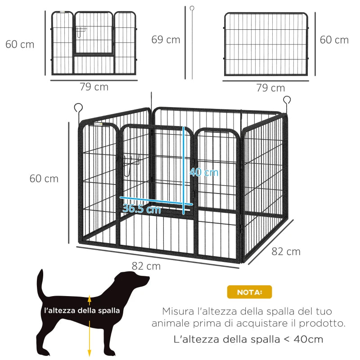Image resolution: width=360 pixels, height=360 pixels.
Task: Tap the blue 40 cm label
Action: [x=203, y=172]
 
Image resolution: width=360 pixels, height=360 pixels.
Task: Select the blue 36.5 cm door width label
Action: [x=141, y=209]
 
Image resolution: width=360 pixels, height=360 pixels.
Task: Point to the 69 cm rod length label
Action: [x=166, y=40]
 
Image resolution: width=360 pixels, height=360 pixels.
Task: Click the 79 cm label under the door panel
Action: [x=94, y=87]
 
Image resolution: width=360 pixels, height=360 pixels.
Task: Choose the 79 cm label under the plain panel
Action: [x=270, y=88]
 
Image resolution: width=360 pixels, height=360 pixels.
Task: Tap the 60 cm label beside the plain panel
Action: [x=334, y=40]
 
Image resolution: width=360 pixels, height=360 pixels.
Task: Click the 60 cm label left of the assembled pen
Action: [x=44, y=179]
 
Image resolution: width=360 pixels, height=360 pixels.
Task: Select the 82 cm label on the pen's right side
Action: [x=286, y=252]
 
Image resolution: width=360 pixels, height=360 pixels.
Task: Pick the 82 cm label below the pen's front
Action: [x=146, y=266]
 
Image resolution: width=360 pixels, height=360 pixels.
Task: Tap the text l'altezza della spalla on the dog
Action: [x=82, y=310]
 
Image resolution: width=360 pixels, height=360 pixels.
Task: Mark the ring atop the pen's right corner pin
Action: [x=287, y=99]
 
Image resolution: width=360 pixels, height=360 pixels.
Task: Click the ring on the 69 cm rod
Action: [x=192, y=8]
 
